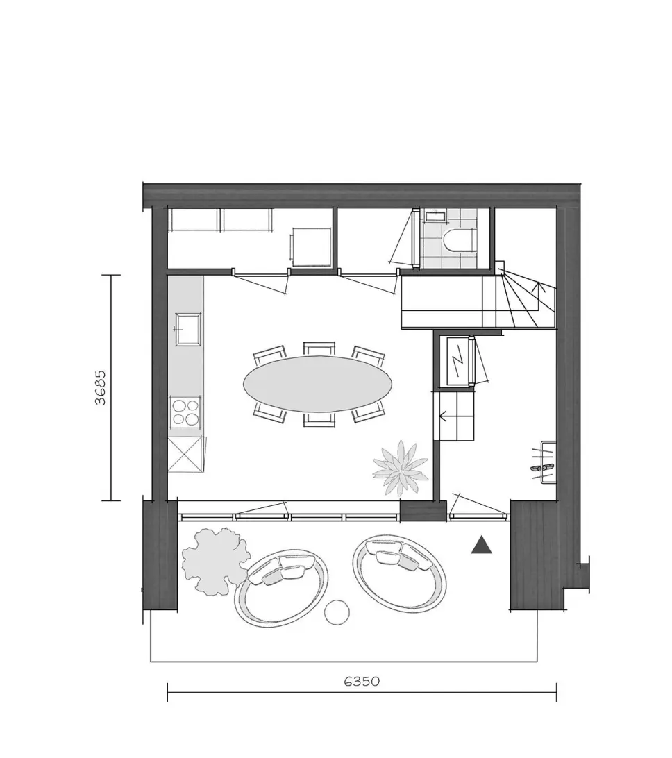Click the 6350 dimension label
click(362, 681)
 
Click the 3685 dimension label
click(100, 388)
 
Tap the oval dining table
click(318, 385)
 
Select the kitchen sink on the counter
click(188, 329)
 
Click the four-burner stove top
click(185, 412)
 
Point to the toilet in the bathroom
click(460, 239)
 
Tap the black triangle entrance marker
click(482, 545)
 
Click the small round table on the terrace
click(337, 612)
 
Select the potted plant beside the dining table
click(401, 467)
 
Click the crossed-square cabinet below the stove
click(185, 454)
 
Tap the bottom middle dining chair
click(319, 419)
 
